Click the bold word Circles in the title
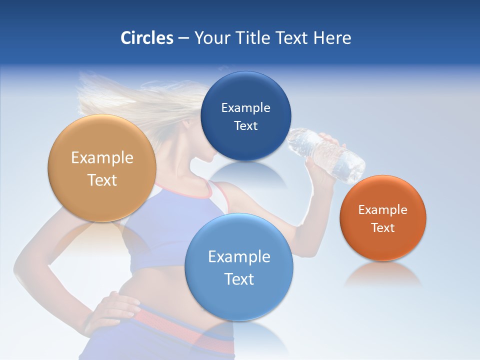pos(146,38)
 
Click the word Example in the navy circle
pos(245,108)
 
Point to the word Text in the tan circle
pos(102,180)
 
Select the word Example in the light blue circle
pos(239,257)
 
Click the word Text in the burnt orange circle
pos(382,228)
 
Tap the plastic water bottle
pos(330,155)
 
